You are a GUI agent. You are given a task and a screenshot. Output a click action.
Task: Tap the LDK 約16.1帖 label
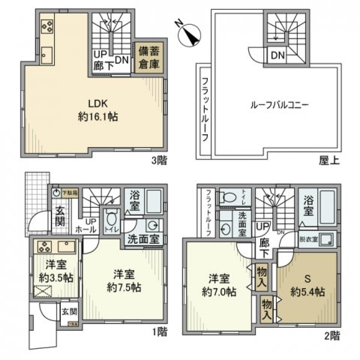coord(98,110)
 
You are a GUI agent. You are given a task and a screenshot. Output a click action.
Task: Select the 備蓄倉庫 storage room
coord(149,57)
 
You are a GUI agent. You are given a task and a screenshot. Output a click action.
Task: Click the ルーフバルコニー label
coord(279,105)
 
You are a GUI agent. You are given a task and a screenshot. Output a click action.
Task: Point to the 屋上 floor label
coord(329,161)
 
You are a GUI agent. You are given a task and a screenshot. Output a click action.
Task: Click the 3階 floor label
coord(159,161)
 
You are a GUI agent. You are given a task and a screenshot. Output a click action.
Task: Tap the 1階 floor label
coord(159,332)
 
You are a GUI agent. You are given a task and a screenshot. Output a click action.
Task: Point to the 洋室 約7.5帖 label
coord(124,281)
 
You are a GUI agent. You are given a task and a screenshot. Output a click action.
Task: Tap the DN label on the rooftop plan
coord(278,55)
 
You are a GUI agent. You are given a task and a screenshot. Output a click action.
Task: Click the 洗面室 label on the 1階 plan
coord(143,239)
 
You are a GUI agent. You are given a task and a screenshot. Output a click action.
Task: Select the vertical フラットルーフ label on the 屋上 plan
coord(205,109)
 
